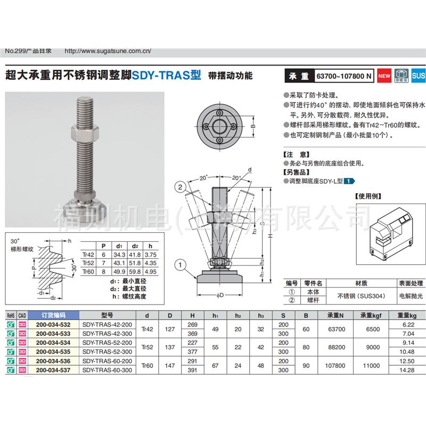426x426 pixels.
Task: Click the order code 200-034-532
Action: click(x=53, y=324)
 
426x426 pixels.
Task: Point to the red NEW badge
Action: click(x=384, y=76)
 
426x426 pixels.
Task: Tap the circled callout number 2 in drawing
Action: click(x=181, y=186)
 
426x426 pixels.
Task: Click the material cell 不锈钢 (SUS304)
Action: click(x=357, y=294)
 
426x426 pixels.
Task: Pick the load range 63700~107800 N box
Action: click(x=343, y=76)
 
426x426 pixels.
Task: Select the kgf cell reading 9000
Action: click(x=372, y=347)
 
